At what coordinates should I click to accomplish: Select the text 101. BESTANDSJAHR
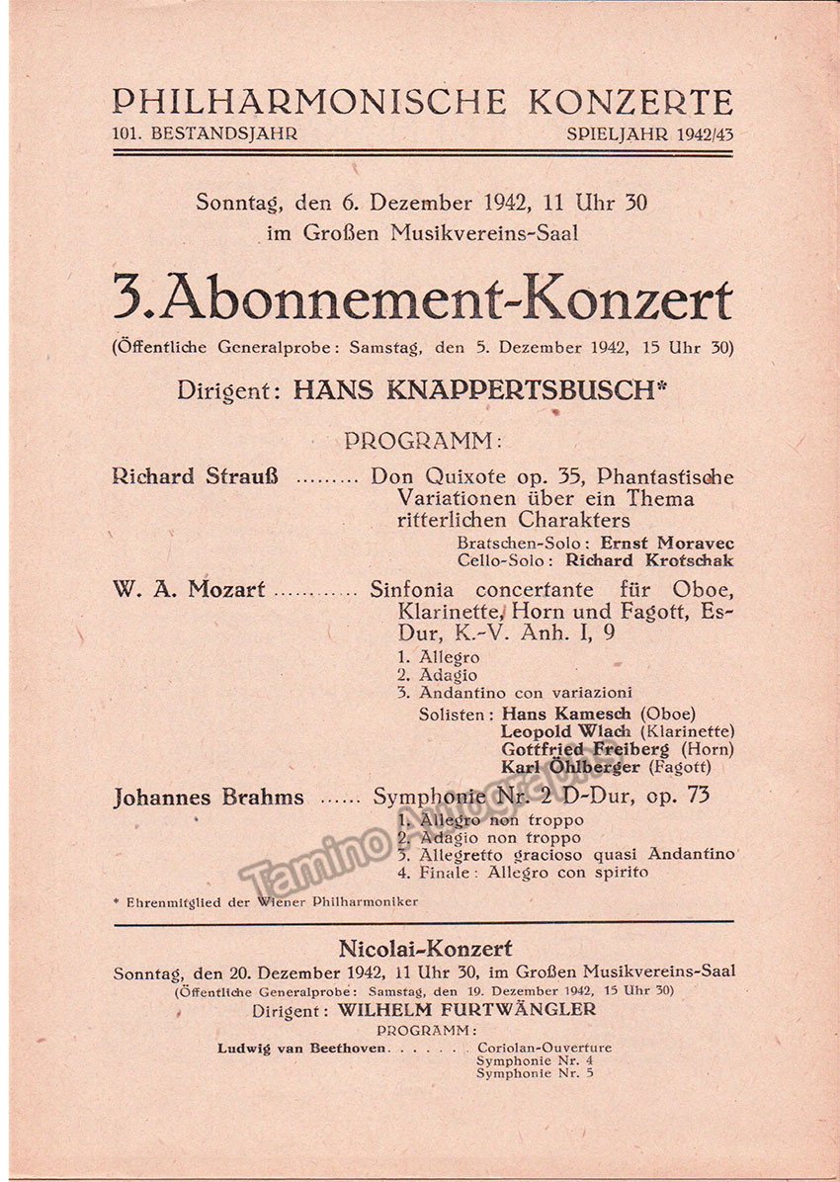(205, 133)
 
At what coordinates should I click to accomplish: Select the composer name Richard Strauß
(195, 476)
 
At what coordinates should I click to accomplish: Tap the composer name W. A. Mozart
(189, 590)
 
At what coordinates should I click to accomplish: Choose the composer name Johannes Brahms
(209, 797)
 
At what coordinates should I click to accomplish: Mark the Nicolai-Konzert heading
(425, 949)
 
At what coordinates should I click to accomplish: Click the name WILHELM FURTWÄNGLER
(466, 1010)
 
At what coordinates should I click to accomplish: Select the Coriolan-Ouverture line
(544, 1048)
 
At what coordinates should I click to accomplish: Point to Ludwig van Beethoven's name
(303, 1048)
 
